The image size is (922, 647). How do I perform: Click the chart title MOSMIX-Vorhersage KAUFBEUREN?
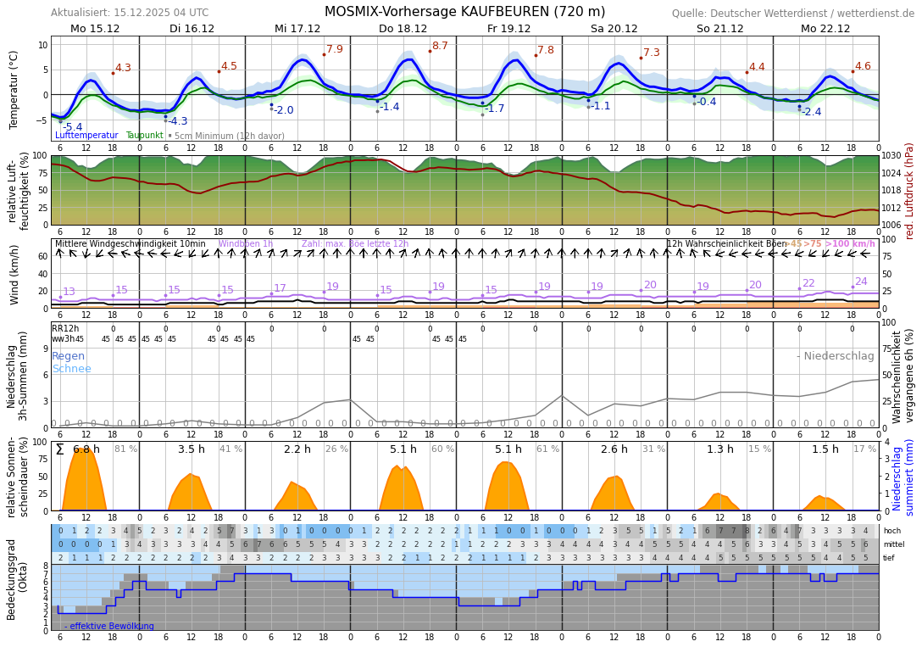(x=464, y=12)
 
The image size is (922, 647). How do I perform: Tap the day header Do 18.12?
(x=403, y=29)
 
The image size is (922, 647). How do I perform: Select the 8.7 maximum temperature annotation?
(x=440, y=46)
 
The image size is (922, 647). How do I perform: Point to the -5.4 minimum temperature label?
(x=73, y=127)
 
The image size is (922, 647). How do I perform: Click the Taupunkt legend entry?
(x=144, y=136)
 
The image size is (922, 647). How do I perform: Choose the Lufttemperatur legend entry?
(x=86, y=136)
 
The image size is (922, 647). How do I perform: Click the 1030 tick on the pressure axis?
(x=891, y=156)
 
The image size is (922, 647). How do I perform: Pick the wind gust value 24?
(x=861, y=282)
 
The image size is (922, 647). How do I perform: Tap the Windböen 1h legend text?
(x=245, y=244)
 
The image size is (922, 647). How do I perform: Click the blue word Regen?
(x=69, y=356)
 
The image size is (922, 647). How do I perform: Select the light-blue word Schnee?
(x=71, y=369)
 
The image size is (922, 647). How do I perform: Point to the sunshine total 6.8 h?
(x=86, y=449)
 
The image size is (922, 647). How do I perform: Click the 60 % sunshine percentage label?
(x=442, y=449)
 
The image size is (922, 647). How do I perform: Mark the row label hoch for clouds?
(x=892, y=531)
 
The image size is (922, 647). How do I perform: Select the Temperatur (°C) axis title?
(x=14, y=89)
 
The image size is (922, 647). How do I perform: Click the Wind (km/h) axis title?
(x=14, y=274)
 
